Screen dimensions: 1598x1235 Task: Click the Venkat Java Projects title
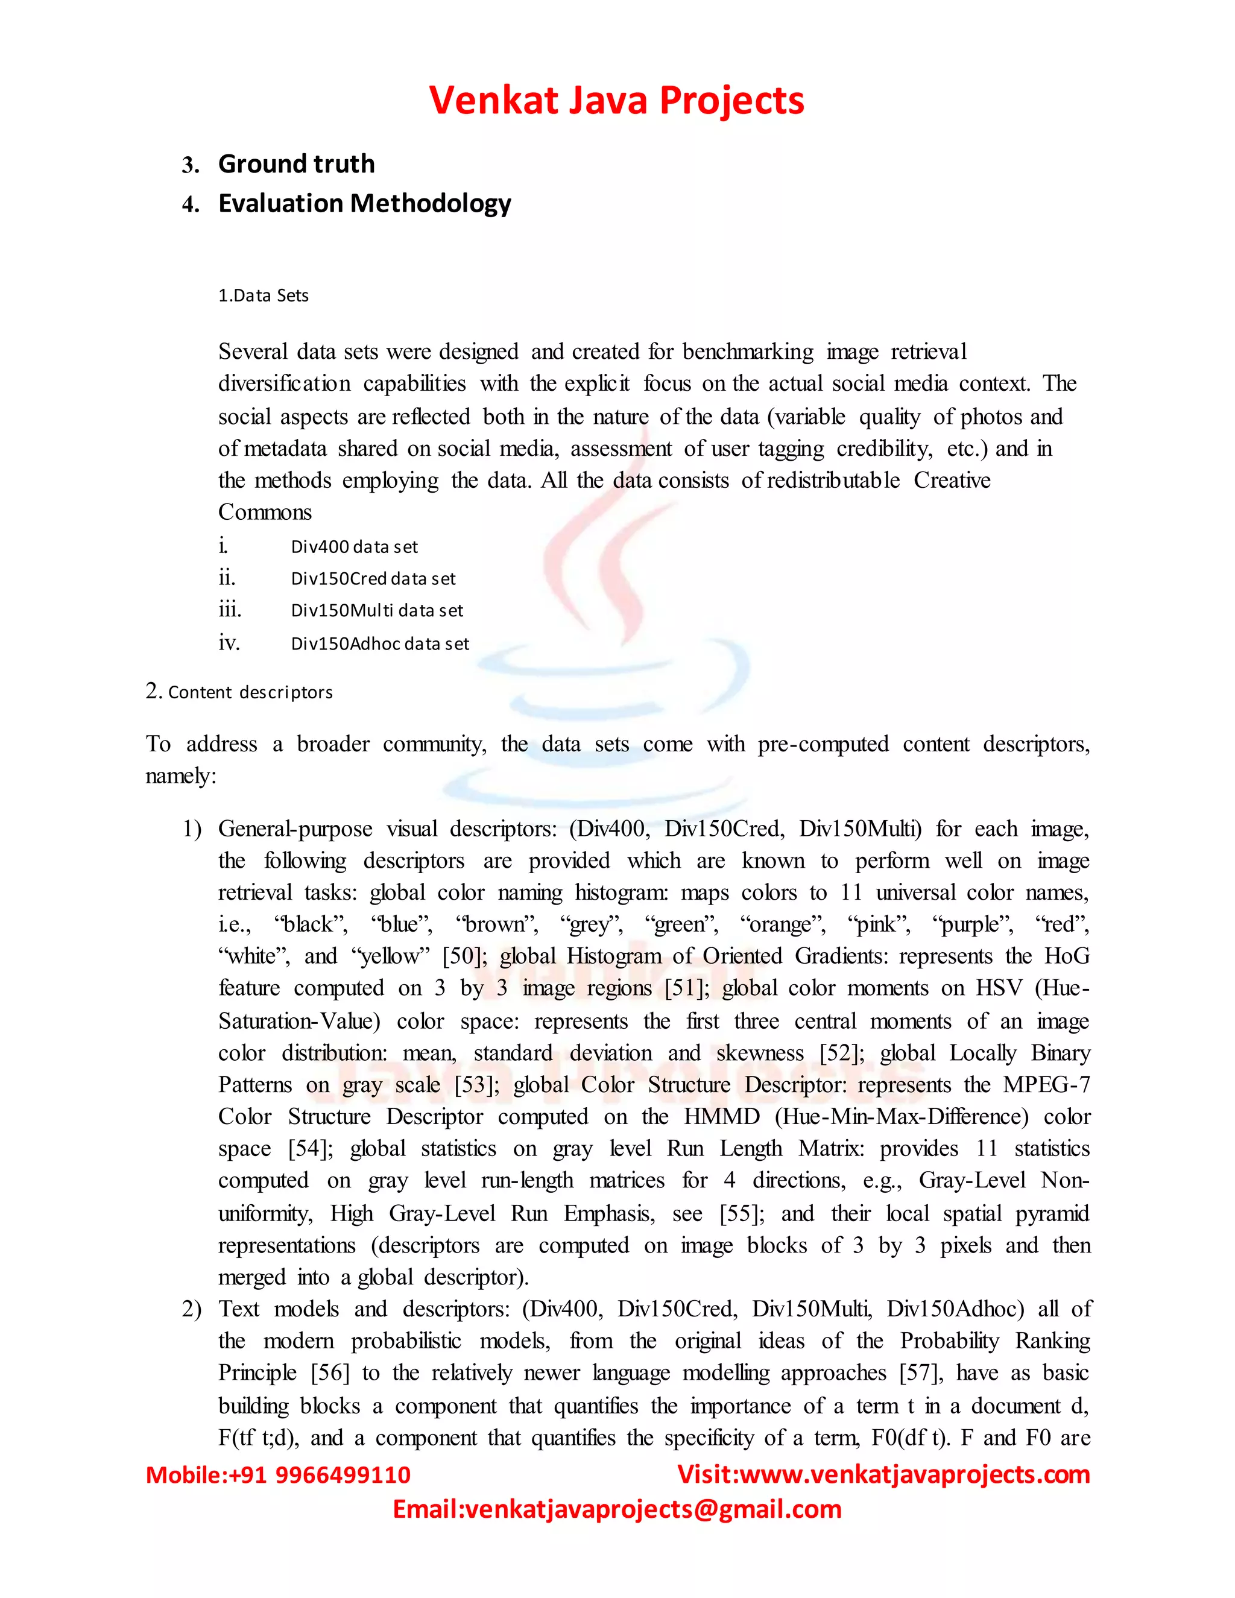pos(616,100)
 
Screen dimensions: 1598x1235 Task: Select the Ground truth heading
pos(296,164)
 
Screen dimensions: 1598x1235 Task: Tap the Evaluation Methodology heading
pos(364,203)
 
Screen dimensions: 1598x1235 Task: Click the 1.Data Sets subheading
pos(264,295)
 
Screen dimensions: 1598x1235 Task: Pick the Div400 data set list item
pos(354,546)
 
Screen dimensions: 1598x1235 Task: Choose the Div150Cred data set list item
pos(373,579)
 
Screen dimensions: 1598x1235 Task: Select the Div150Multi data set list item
pos(377,610)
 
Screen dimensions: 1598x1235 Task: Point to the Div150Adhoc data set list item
pos(380,644)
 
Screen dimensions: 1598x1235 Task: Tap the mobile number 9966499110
pos(343,1474)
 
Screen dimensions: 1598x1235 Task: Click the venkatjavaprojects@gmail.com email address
pos(653,1509)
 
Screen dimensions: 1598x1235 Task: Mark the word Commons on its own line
pos(265,512)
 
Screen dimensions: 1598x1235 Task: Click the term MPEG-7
pos(1046,1084)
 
